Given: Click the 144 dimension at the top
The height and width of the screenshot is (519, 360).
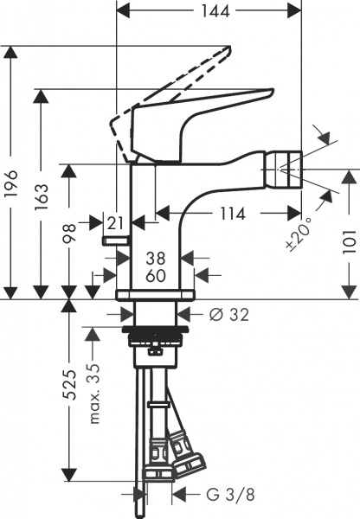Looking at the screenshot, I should (x=208, y=11).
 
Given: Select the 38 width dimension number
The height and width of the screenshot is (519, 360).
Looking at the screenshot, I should (x=155, y=258).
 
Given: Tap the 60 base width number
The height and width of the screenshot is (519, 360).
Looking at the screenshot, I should (x=155, y=275).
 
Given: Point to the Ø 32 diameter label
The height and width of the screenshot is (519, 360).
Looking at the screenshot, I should (x=228, y=315).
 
